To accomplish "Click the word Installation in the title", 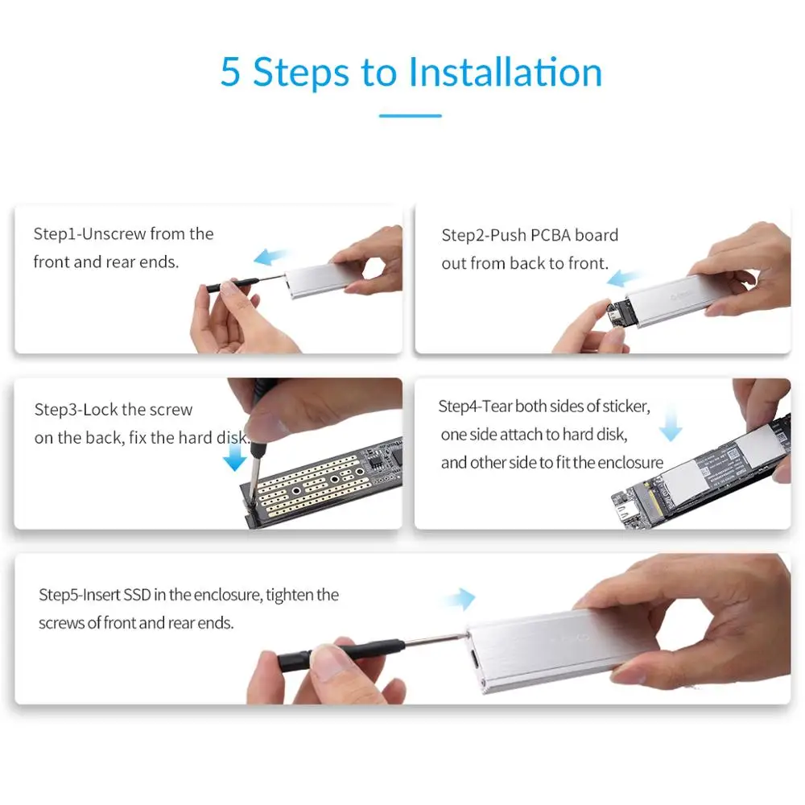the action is tap(506, 72).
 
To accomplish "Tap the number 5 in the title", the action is tap(230, 72).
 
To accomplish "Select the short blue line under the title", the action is tap(411, 115).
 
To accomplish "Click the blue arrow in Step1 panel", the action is tap(270, 257).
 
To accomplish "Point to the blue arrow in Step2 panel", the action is tap(623, 279).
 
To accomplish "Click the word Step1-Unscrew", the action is tap(90, 234).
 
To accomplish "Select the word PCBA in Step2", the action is tap(551, 235).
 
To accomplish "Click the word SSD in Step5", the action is tap(138, 595).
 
